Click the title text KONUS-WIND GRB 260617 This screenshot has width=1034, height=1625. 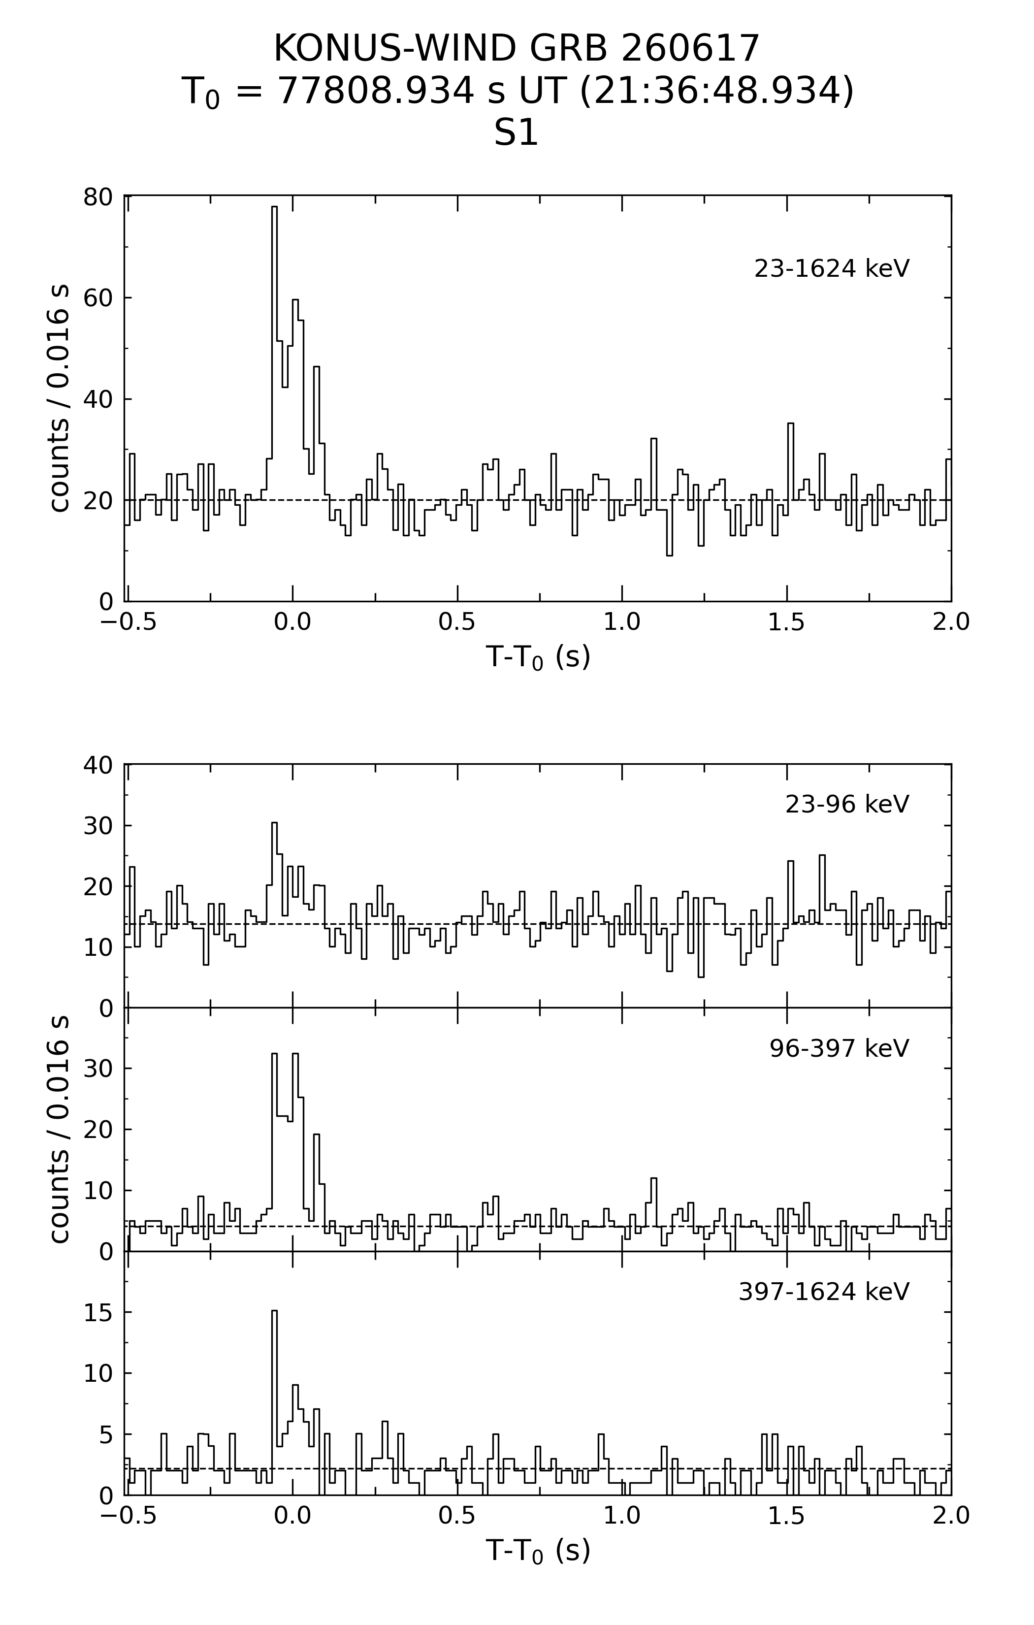pos(517,49)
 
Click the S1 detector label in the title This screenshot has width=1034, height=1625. pos(517,133)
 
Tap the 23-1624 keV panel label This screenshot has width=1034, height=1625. pos(832,268)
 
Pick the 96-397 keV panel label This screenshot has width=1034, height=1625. pos(839,1048)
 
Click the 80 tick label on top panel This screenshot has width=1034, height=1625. pos(98,197)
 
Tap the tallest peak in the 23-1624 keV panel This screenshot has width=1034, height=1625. pos(274,207)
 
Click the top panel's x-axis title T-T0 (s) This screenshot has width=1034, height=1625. pos(538,656)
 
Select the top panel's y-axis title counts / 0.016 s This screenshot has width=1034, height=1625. pos(60,399)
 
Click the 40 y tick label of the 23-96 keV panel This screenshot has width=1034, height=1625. pos(98,765)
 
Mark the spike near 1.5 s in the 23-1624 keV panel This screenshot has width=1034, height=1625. pos(790,424)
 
